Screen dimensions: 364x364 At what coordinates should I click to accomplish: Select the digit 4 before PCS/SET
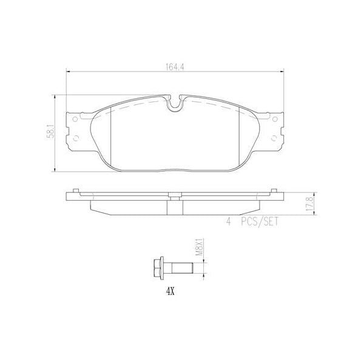coord(229,223)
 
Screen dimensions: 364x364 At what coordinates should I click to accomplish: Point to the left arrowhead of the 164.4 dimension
coord(67,71)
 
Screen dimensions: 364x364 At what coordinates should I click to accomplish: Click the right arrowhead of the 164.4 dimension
coord(283,71)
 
